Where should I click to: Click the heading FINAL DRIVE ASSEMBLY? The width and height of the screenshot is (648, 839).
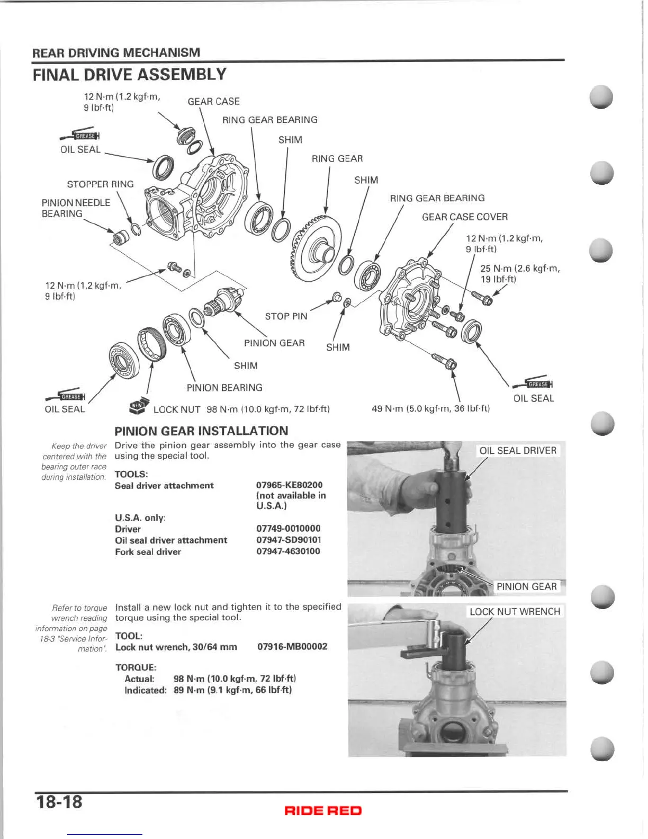[129, 75]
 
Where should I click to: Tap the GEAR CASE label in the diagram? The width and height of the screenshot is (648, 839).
[213, 101]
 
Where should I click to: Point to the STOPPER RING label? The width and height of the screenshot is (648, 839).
[100, 184]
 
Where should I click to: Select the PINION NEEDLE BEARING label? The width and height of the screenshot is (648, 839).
[76, 208]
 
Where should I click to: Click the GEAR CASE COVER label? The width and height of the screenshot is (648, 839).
[464, 217]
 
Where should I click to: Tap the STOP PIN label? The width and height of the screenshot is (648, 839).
[286, 316]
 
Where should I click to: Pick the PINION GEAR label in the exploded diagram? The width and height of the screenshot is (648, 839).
[274, 343]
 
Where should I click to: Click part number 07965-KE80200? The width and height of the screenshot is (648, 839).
[289, 485]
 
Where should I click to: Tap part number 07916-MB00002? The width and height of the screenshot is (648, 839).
[292, 646]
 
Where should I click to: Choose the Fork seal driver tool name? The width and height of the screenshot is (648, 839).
[148, 551]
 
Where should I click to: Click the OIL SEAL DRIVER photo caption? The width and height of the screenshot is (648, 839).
[517, 450]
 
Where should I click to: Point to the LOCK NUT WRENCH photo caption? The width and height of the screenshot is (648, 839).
[514, 611]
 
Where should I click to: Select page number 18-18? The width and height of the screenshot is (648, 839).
[59, 801]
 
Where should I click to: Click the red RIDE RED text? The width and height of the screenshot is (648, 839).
[323, 810]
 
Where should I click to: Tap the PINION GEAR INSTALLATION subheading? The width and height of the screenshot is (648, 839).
[201, 431]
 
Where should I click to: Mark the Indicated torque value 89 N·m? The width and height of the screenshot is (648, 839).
[232, 690]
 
